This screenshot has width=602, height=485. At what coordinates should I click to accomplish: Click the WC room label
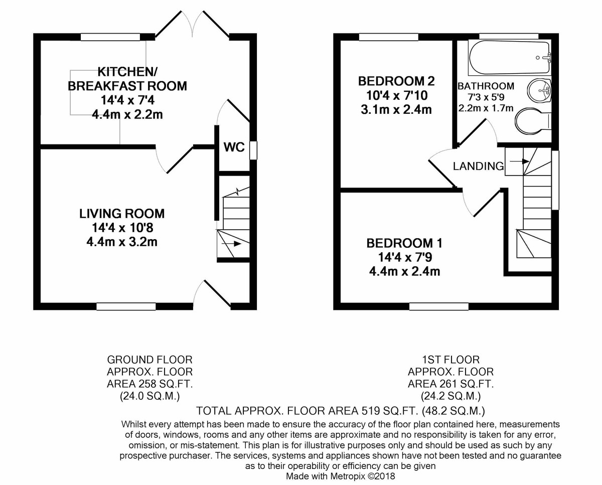tap(234, 147)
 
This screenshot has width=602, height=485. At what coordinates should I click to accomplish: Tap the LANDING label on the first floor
tap(478, 166)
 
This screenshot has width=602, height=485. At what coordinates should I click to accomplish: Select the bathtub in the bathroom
tap(509, 57)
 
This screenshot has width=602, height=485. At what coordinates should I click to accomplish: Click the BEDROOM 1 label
tap(404, 244)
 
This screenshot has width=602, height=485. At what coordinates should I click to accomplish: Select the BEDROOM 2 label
tap(396, 81)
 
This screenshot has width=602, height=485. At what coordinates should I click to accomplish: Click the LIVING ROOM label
tap(122, 214)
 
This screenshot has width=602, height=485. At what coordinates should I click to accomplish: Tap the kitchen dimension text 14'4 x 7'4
tap(127, 100)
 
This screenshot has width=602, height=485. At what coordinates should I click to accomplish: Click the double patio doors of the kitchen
tap(192, 25)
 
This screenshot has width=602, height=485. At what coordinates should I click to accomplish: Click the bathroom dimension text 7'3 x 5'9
tap(486, 97)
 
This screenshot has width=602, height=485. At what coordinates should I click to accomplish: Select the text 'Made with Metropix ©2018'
tap(341, 476)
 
